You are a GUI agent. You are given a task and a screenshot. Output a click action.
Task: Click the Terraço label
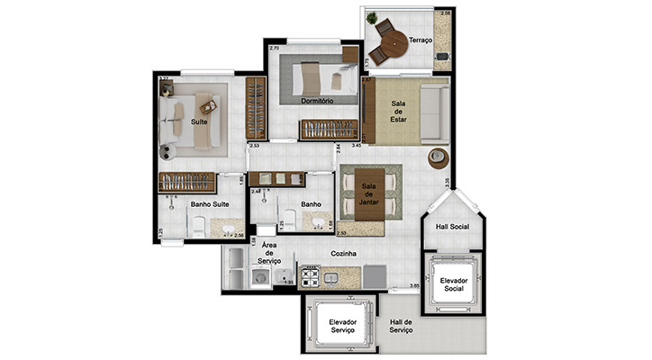coord(421,40)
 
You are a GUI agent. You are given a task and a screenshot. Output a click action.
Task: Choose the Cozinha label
coord(343,255)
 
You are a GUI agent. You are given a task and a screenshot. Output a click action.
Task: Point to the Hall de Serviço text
coord(400,327)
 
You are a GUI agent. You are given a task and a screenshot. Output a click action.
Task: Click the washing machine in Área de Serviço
coord(259,279)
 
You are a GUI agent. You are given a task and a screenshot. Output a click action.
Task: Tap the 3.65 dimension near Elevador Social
coord(414,285)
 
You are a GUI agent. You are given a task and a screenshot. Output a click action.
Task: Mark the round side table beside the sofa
coord(437,157)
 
